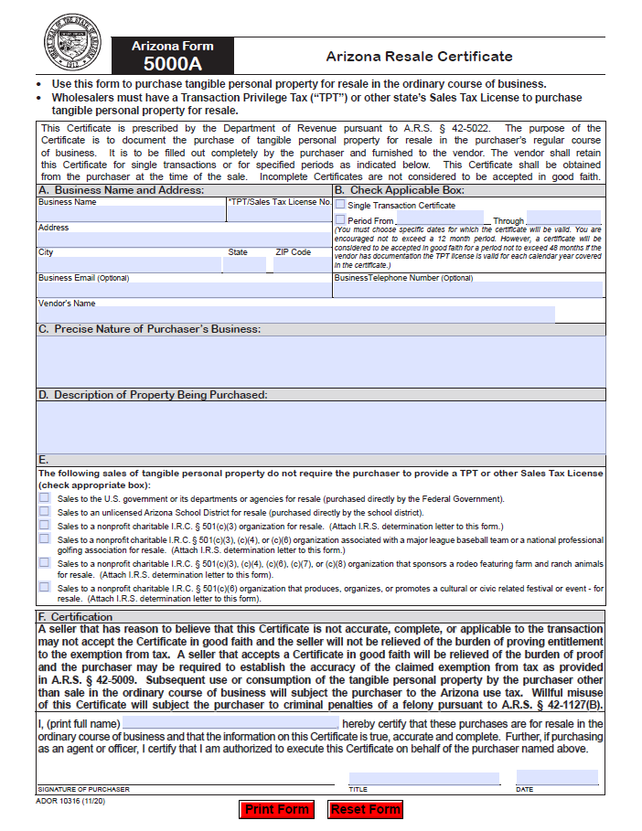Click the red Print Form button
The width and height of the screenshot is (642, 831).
tap(277, 809)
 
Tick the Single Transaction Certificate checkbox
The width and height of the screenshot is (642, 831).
tap(340, 205)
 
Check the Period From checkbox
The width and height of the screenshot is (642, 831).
tap(340, 219)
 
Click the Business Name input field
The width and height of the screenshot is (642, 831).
tap(131, 214)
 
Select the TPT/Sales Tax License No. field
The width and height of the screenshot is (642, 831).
tap(278, 214)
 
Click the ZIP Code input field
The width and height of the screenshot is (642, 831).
tap(301, 265)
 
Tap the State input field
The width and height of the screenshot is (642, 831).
tap(244, 265)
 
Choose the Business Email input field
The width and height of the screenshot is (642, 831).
tap(183, 290)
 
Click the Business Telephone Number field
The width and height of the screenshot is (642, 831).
tap(468, 290)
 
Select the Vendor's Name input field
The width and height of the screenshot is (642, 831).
tap(295, 314)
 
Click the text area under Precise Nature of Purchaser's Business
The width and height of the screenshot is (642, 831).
tap(320, 361)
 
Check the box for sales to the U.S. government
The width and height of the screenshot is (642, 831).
tap(44, 498)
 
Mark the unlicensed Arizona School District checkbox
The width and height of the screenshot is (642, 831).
tap(44, 512)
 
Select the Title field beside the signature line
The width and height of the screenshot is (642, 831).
tap(423, 778)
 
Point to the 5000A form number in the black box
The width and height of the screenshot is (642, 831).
tap(172, 64)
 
